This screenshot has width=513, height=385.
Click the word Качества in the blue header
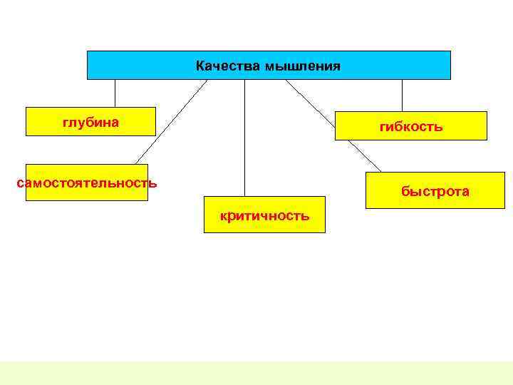228,66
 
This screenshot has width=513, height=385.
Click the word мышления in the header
302,67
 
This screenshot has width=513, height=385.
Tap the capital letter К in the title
200,66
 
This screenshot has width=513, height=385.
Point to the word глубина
90,122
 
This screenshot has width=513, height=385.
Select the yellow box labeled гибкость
356,126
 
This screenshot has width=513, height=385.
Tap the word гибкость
411,127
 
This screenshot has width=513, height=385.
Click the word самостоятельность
86,183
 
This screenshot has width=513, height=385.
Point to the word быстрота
435,191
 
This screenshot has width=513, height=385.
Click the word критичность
264,215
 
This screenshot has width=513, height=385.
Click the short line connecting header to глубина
115,93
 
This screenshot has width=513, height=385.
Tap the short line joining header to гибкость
402,95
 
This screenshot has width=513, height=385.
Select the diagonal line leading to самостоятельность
171,122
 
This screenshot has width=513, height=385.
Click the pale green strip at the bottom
256,373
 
